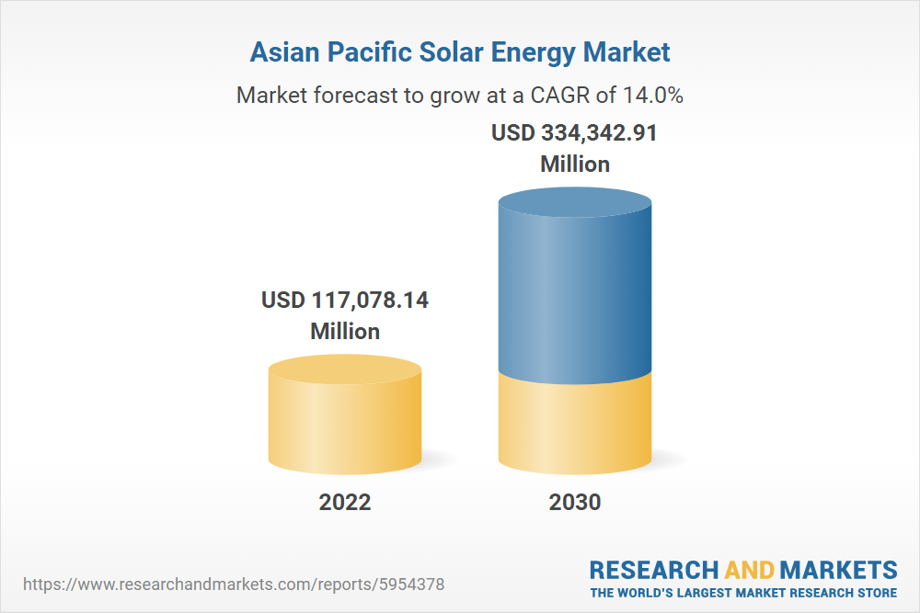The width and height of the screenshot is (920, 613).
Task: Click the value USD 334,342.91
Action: [574, 133]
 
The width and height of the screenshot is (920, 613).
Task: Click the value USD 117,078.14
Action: [345, 301]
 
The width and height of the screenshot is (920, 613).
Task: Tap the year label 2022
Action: [345, 502]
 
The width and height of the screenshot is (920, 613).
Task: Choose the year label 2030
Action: [575, 502]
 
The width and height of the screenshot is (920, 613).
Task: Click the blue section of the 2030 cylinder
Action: [575, 294]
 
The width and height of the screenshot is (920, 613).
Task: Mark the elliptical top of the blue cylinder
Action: [575, 202]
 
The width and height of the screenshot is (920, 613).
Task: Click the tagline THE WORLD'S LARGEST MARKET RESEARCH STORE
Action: [743, 592]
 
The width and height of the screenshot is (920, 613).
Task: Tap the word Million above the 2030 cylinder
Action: [575, 165]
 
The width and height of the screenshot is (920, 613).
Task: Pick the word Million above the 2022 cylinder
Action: [345, 331]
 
